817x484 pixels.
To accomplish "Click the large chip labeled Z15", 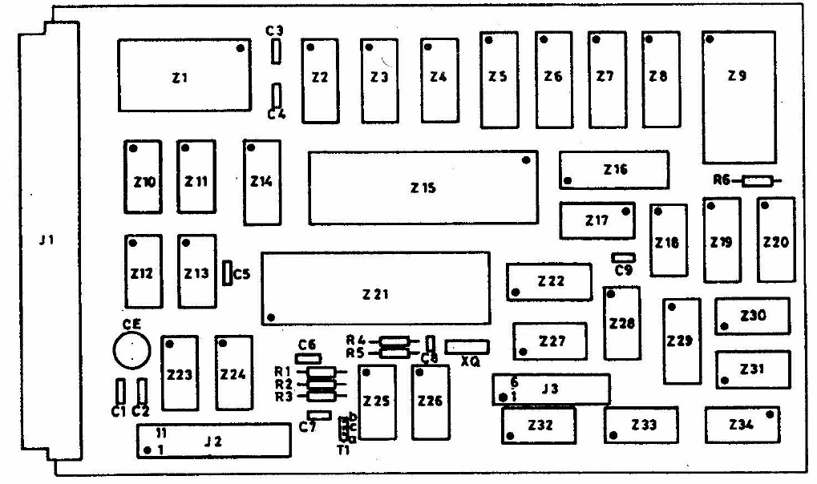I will coord(423,188).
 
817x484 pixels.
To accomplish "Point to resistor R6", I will coord(758,181).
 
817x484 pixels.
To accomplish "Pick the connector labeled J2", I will coord(212,442).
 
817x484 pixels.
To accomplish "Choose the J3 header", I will coord(551,390).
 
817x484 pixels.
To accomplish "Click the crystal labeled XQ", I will coord(467,346).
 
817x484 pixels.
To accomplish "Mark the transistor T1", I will coord(346,430).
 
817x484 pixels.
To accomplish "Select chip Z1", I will coord(181,76).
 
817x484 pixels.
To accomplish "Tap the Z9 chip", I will coord(738,96).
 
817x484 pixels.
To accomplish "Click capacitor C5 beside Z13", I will coord(227,272).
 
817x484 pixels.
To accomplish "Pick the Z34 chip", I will coord(742,425).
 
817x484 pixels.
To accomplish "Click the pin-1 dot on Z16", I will coord(568,181).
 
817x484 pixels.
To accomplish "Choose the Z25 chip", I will coord(377,401).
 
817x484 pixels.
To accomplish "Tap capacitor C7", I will coord(319,415).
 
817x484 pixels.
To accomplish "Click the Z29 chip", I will coord(681,341).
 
